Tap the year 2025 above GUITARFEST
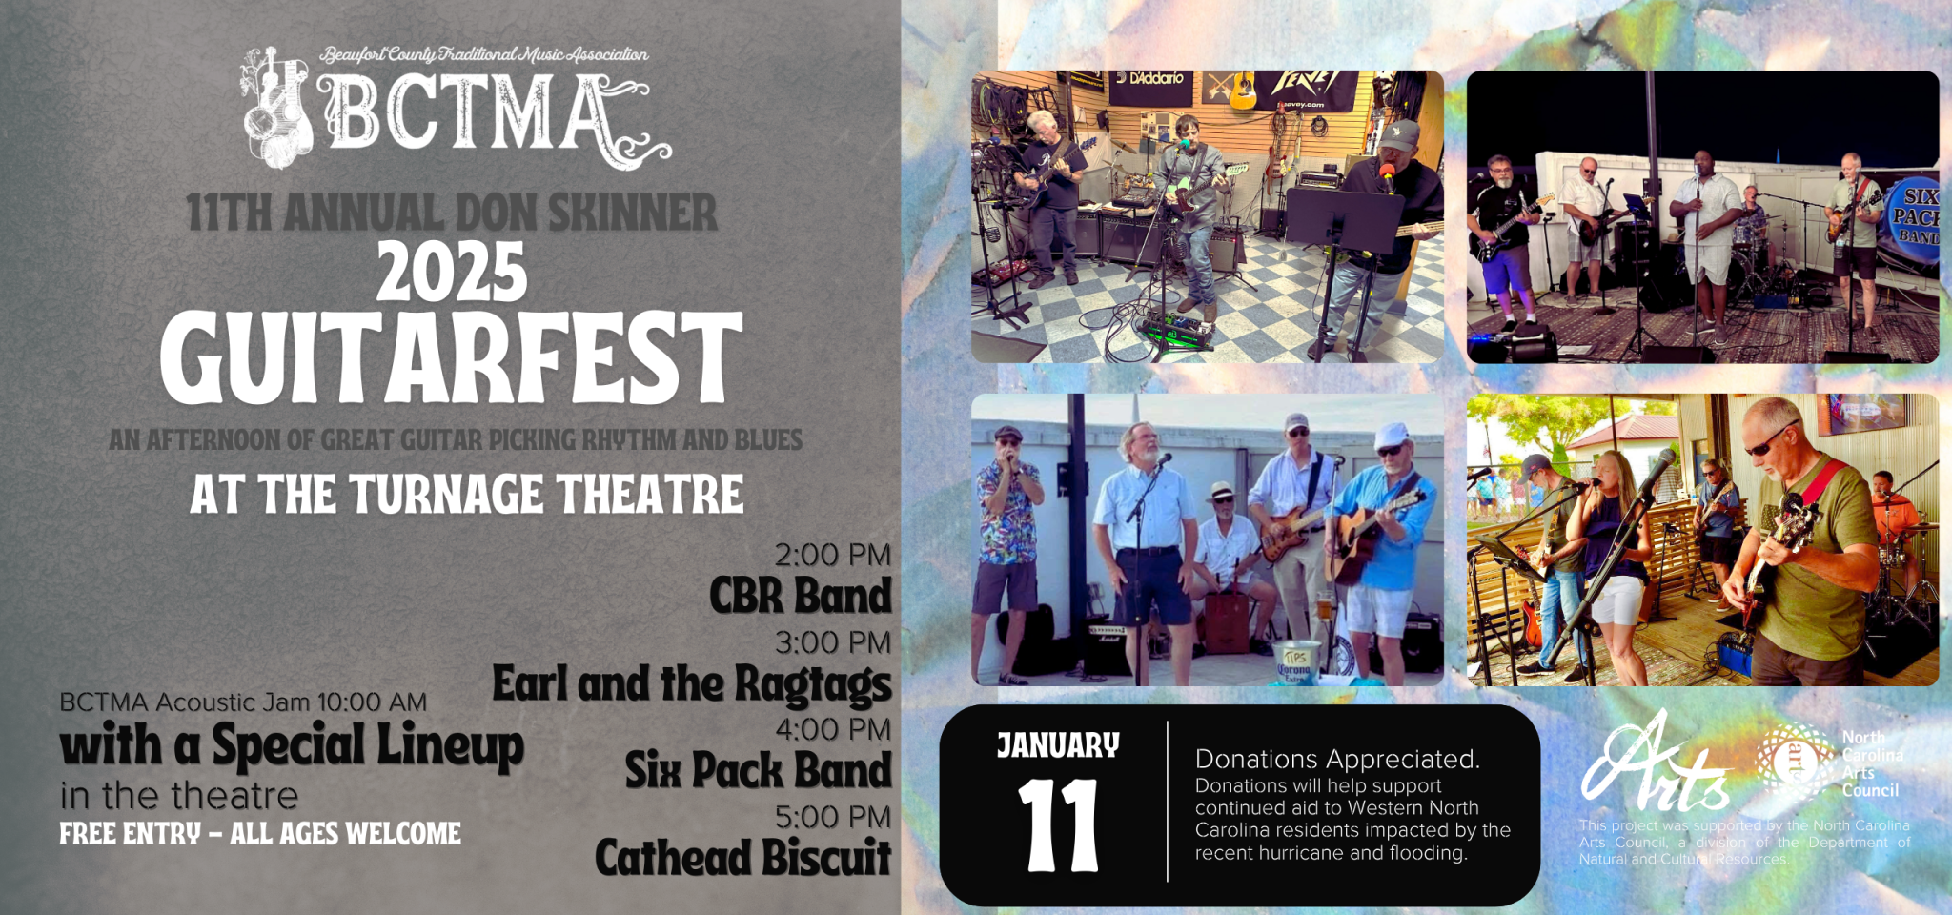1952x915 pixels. [452, 273]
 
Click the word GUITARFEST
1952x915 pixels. [451, 358]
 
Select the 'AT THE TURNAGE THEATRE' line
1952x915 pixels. [466, 495]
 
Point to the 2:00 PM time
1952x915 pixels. [832, 555]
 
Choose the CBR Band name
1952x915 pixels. [800, 596]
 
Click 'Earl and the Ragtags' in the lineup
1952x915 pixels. [691, 684]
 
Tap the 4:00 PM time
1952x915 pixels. [832, 729]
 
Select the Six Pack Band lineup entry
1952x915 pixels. [758, 770]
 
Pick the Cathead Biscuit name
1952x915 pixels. [742, 858]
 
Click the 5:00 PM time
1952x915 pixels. [832, 817]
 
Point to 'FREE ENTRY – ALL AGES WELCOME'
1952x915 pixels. [260, 834]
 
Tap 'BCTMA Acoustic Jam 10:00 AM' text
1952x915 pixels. [243, 702]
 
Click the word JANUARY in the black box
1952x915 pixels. [1058, 745]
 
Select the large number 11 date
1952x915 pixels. [1058, 825]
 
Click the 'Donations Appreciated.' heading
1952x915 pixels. [1337, 759]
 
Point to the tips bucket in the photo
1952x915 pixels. [1296, 661]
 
